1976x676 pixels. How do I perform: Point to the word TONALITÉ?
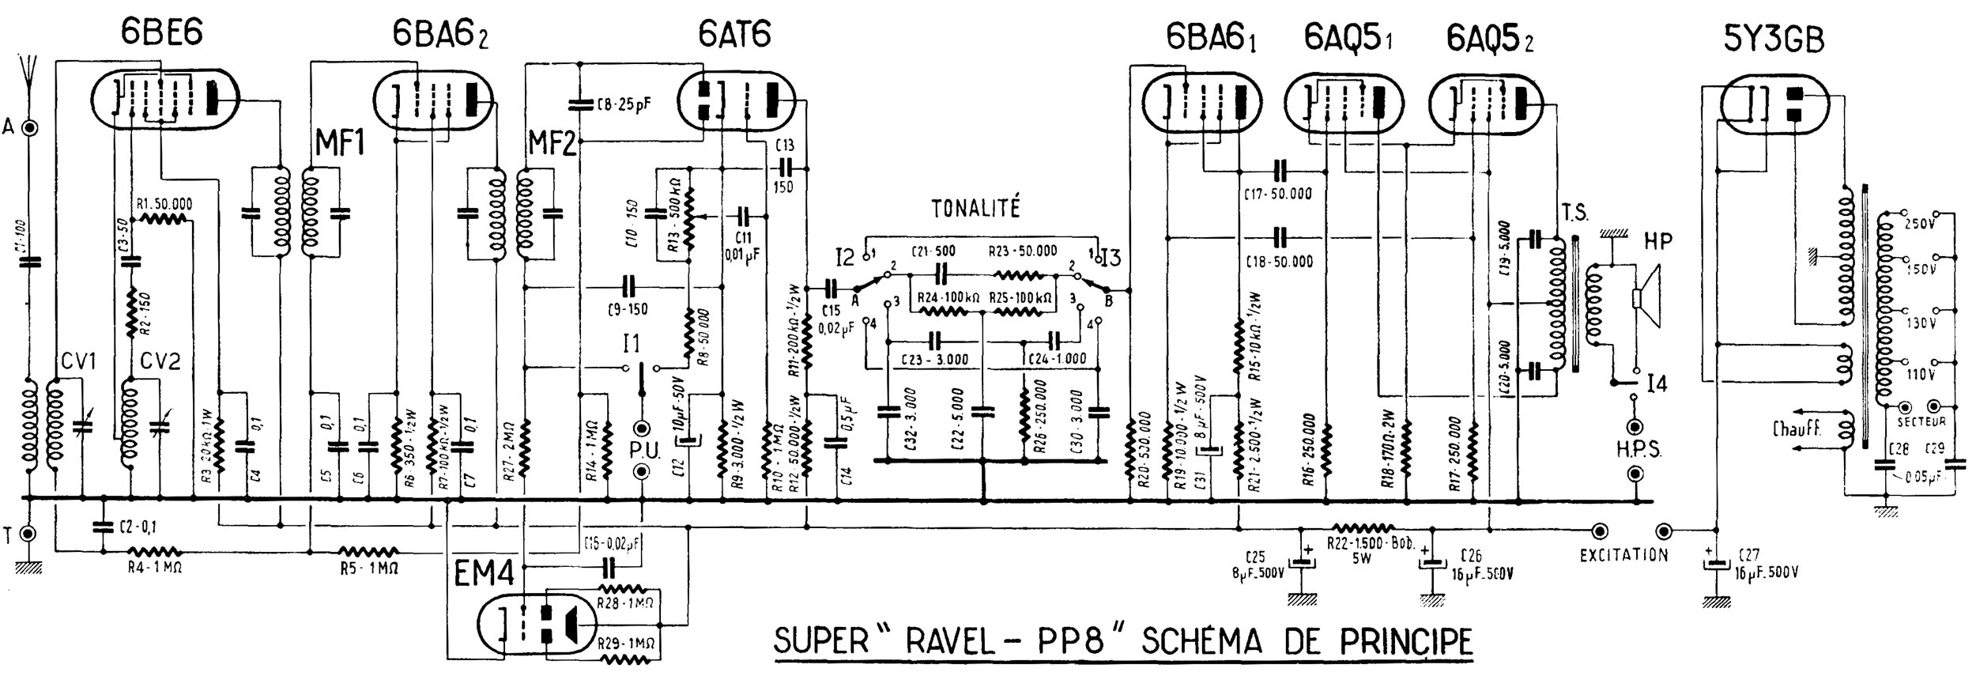point(975,209)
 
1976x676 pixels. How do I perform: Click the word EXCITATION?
point(1623,555)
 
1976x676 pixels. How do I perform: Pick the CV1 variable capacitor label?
point(77,362)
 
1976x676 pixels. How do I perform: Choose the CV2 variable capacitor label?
point(160,362)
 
